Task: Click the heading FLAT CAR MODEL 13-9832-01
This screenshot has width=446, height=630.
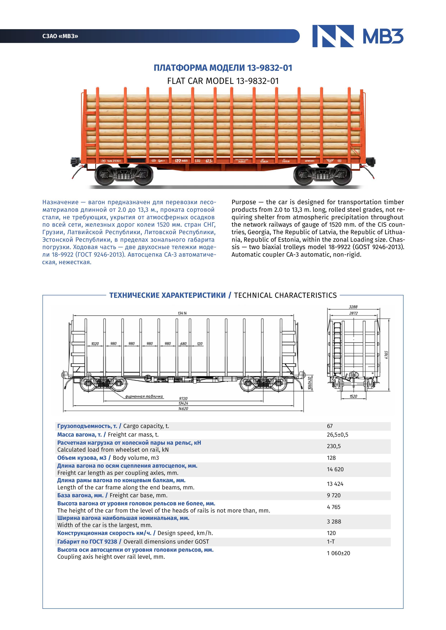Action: point(223,81)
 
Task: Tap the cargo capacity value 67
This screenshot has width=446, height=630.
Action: point(330,426)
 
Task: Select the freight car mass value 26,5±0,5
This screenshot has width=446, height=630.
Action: point(337,435)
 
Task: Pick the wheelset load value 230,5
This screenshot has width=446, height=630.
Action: point(334,446)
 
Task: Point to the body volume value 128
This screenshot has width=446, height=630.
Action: point(331,458)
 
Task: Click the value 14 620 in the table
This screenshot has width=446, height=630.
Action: point(335,469)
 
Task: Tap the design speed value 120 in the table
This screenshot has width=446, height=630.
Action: point(331,533)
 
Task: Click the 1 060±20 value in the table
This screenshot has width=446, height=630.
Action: point(338,553)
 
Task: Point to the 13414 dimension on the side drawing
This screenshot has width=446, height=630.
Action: point(182,313)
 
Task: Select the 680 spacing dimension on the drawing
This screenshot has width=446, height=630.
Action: point(183,344)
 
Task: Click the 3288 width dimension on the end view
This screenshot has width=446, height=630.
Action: point(353,307)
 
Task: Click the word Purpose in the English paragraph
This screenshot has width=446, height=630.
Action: point(244,202)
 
